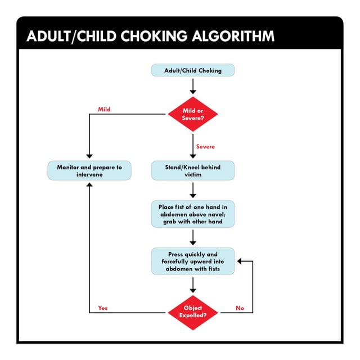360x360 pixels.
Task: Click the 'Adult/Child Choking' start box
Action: point(193,71)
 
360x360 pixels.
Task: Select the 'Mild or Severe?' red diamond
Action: point(193,114)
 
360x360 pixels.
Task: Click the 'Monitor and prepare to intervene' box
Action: point(89,171)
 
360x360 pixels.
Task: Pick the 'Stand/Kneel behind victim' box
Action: point(193,171)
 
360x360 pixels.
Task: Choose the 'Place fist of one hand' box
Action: point(193,214)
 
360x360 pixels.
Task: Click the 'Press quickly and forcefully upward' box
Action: point(193,262)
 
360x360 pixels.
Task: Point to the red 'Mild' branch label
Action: point(104,109)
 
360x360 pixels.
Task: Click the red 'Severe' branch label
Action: point(205,147)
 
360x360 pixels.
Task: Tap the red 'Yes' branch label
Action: point(103,308)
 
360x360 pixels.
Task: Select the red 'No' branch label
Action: point(240,308)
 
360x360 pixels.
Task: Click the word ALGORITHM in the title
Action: point(233,37)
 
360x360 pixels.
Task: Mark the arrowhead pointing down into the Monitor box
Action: point(89,157)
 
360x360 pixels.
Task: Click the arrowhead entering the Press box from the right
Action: point(239,262)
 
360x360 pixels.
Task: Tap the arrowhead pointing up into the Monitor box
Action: point(89,184)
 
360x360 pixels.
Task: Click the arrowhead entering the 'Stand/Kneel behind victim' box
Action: point(193,157)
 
